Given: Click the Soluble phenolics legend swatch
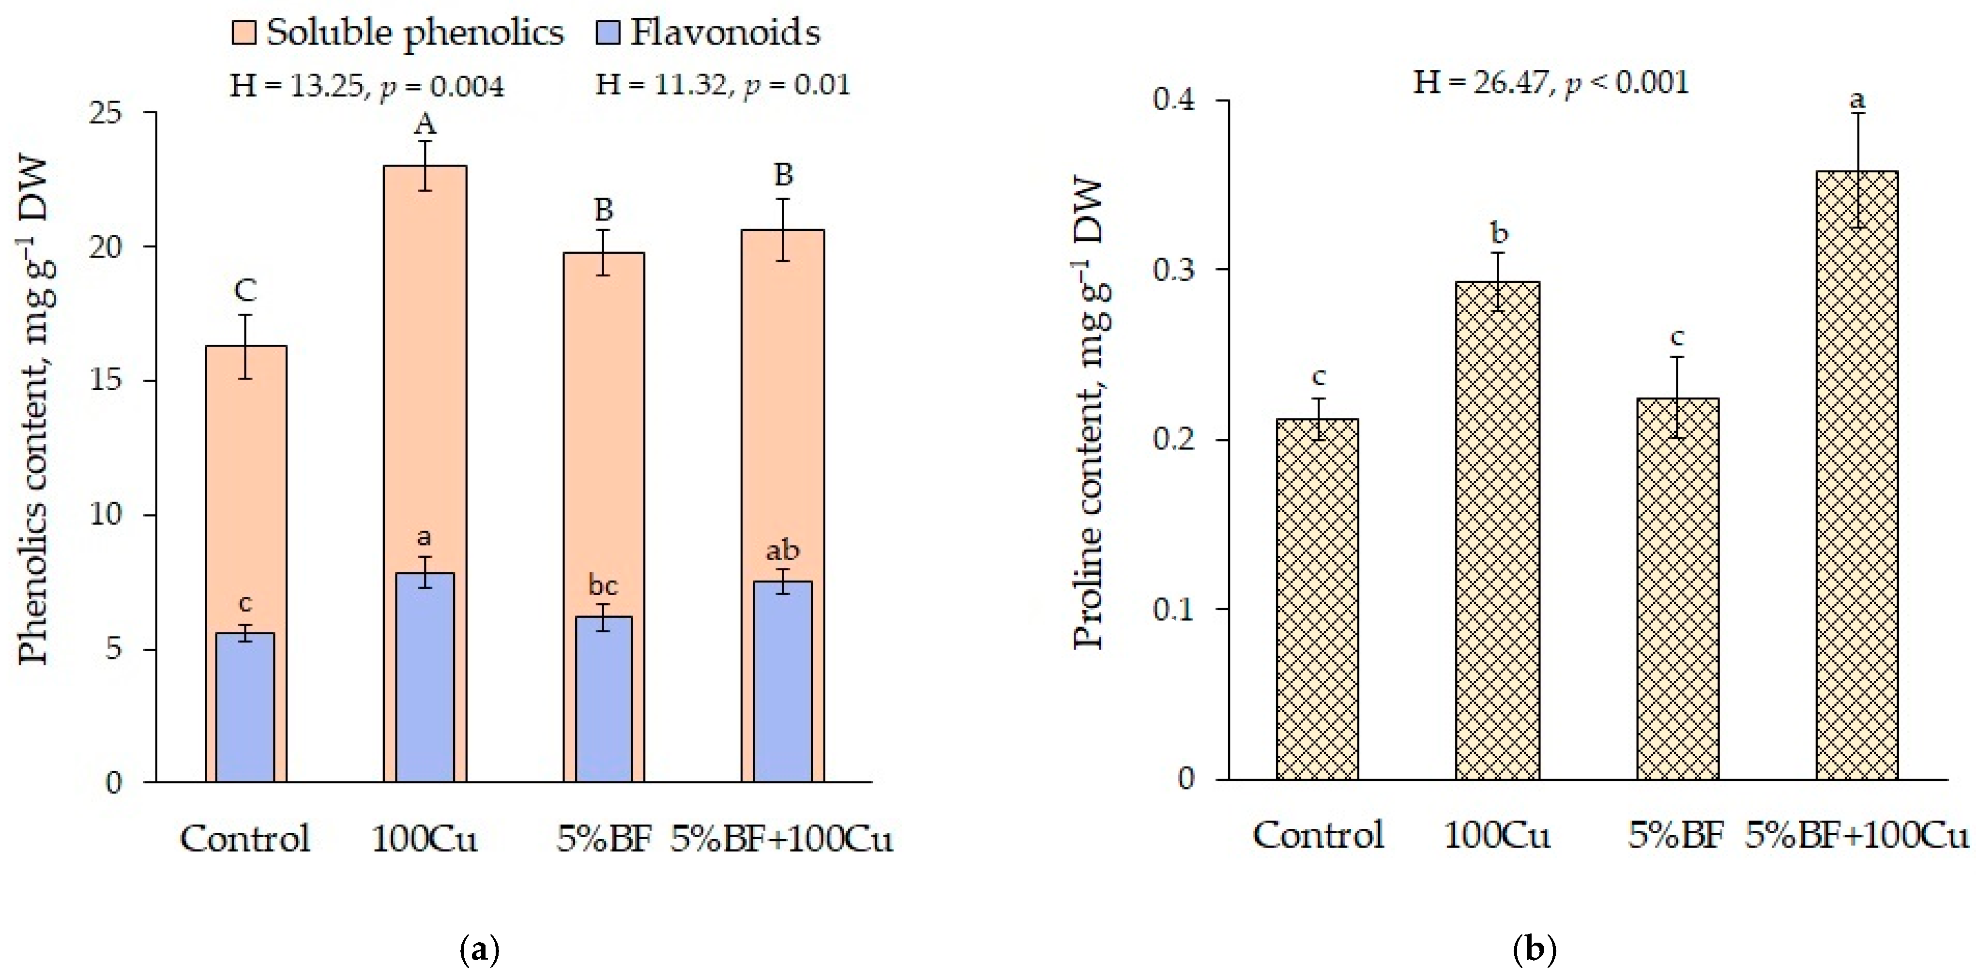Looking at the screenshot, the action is (244, 33).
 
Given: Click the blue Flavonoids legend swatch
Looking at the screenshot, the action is (608, 33).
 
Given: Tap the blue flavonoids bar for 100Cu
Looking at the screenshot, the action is (424, 677).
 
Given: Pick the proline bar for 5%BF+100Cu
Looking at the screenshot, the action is (1857, 475).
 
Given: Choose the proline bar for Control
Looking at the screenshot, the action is (1318, 599).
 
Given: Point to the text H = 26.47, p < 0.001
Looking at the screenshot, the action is (1550, 83).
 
